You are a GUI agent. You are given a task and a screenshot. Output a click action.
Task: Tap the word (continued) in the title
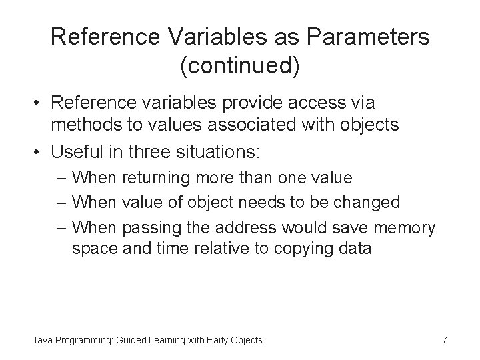(x=240, y=65)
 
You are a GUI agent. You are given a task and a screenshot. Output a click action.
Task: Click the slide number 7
(x=445, y=341)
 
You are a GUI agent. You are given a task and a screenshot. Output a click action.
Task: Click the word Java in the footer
(x=43, y=341)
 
